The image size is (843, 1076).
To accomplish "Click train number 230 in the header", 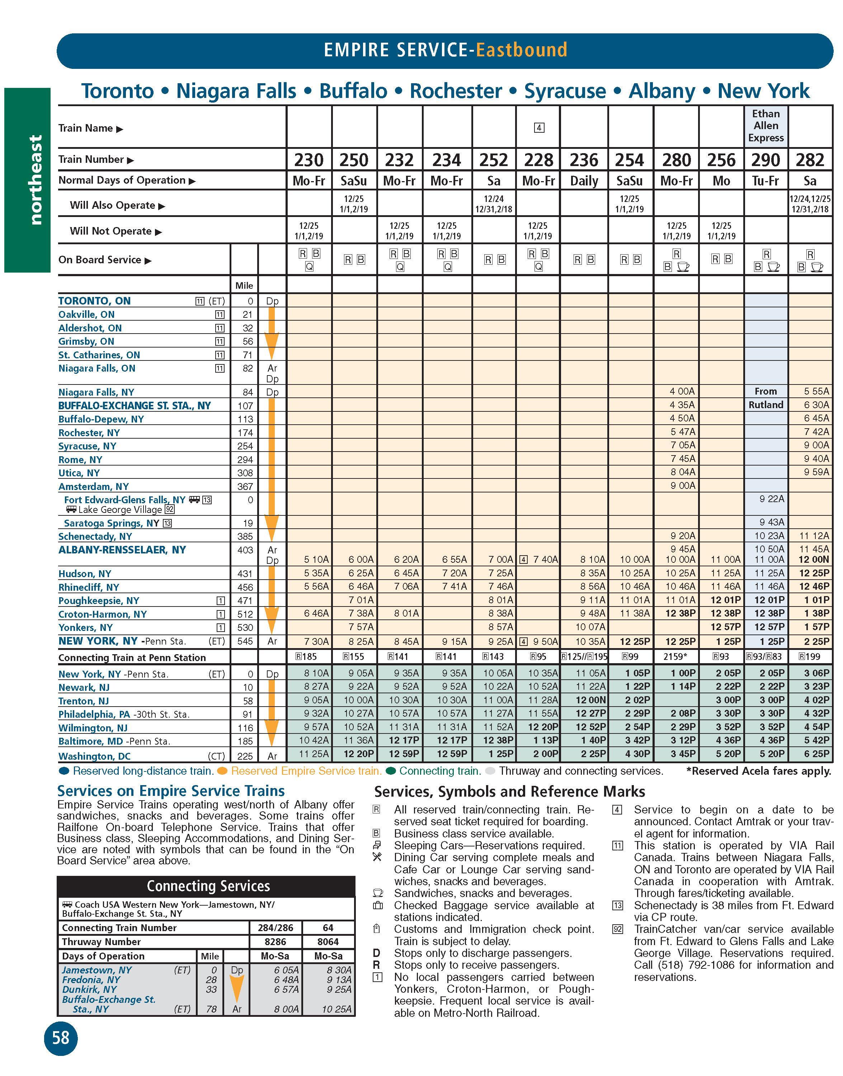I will click(x=309, y=160).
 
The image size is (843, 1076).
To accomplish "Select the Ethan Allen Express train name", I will click(x=766, y=126).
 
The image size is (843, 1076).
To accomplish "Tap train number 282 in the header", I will click(x=810, y=160).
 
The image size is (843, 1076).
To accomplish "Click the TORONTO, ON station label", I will click(x=94, y=301).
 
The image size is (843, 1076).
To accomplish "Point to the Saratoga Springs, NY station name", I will click(x=112, y=523).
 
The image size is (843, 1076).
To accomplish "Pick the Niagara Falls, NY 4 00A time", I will click(x=682, y=391).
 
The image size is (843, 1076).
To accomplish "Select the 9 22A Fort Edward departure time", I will click(x=772, y=499).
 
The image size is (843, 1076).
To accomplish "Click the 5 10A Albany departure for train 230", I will click(x=316, y=560).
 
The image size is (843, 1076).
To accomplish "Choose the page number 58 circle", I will click(x=61, y=1038).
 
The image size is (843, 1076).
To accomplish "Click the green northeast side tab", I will click(x=28, y=180).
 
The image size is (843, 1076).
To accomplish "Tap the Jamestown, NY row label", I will click(x=97, y=970).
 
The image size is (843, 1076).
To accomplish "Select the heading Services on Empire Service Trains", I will click(x=171, y=791).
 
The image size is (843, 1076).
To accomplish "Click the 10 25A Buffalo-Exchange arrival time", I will click(x=336, y=1009).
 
